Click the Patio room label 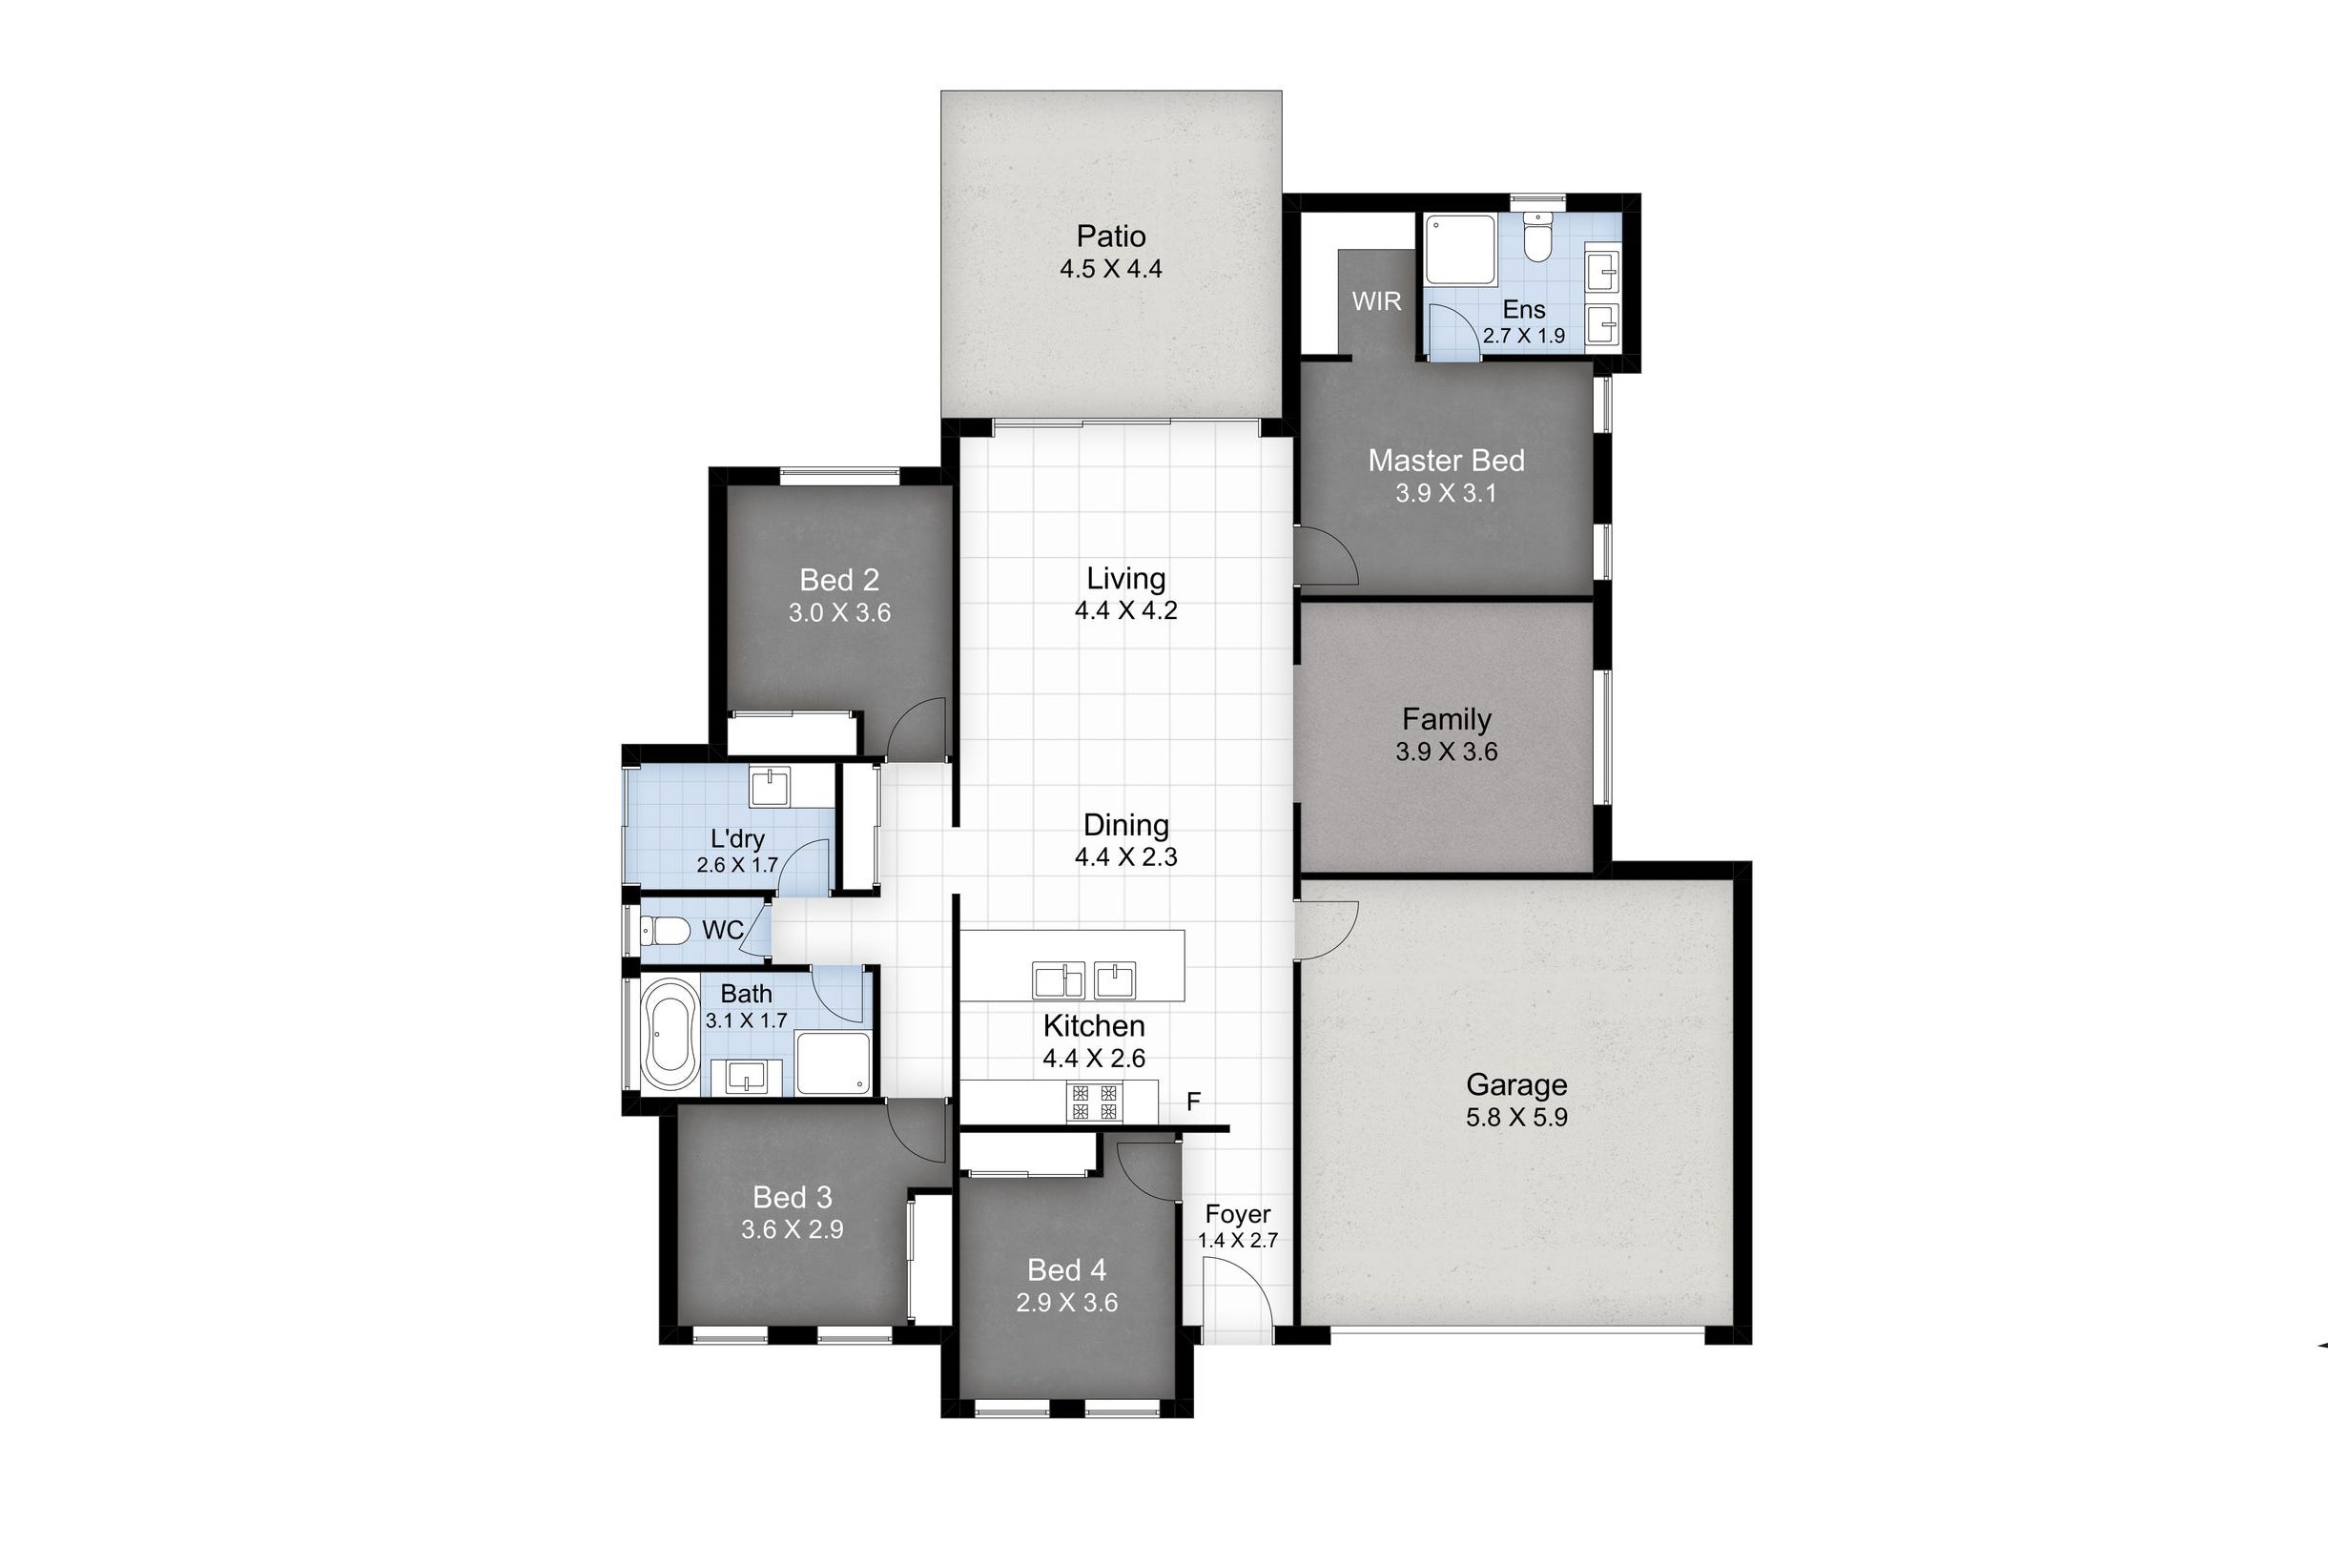pos(1110,237)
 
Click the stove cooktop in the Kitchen pos(1095,1102)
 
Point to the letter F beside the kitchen pos(1193,1102)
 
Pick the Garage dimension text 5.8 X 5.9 pos(1516,1118)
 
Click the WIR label pos(1375,301)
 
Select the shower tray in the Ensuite pos(1460,250)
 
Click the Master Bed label pos(1445,460)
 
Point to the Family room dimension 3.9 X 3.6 pos(1445,752)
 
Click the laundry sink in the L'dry pos(770,787)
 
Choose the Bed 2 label pos(838,580)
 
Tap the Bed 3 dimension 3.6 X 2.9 pos(793,1229)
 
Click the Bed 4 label pos(1066,1269)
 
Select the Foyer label pos(1237,1214)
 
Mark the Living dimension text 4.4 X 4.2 pos(1125,611)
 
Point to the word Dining pos(1125,825)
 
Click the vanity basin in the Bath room pos(746,1077)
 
